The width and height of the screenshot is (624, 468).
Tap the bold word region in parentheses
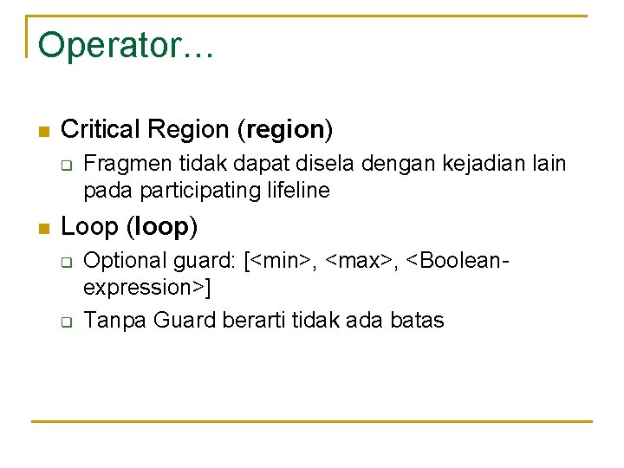tap(284, 130)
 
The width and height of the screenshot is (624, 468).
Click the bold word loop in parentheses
tap(162, 227)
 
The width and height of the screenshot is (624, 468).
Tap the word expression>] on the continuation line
tap(148, 287)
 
